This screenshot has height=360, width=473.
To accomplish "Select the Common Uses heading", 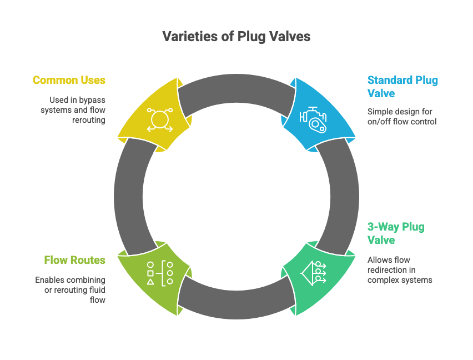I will [x=69, y=80].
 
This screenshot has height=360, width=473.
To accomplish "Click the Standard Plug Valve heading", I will [x=402, y=86].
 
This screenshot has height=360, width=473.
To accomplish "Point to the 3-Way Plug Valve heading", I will [x=396, y=233].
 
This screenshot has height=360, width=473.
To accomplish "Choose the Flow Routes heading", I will [x=74, y=259].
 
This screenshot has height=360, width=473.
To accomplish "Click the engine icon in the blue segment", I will [x=313, y=118].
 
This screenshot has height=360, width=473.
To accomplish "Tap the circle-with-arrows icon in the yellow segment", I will [x=159, y=119].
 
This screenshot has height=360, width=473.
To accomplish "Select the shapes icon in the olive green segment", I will [x=160, y=273].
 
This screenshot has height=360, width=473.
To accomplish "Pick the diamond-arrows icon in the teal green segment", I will [x=313, y=272].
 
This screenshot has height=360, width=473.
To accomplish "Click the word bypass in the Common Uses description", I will [x=92, y=99].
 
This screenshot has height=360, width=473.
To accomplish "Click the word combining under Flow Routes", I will [x=87, y=279].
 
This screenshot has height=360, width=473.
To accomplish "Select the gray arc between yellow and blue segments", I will [x=236, y=89].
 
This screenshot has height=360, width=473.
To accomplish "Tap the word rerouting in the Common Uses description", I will [x=89, y=119].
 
